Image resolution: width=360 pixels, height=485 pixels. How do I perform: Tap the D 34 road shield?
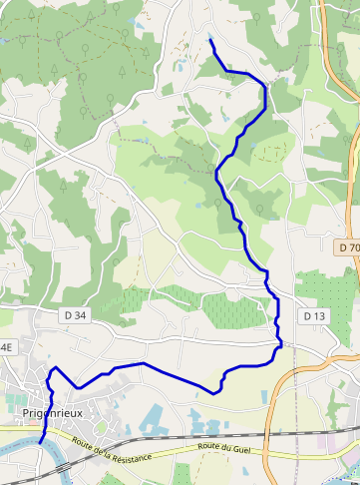pyautogui.click(x=75, y=314)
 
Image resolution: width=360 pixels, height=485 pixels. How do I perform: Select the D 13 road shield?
pyautogui.click(x=314, y=315)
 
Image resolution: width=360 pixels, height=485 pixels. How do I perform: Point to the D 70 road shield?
pyautogui.click(x=348, y=246)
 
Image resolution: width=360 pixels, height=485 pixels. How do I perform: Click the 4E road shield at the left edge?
pyautogui.click(x=5, y=346)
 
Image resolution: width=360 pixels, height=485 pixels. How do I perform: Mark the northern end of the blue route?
pyautogui.click(x=210, y=41)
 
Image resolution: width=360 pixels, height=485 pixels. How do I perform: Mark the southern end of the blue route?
pyautogui.click(x=40, y=441)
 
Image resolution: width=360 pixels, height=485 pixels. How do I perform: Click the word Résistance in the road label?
pyautogui.click(x=131, y=455)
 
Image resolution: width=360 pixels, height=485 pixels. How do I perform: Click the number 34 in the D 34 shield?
pyautogui.click(x=81, y=314)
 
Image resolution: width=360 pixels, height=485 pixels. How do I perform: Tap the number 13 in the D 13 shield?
pyautogui.click(x=319, y=315)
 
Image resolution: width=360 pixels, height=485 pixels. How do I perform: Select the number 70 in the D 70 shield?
pyautogui.click(x=353, y=246)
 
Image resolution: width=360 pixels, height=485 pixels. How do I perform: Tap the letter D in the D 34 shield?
pyautogui.click(x=68, y=314)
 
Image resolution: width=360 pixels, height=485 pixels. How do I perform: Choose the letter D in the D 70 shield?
pyautogui.click(x=341, y=246)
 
